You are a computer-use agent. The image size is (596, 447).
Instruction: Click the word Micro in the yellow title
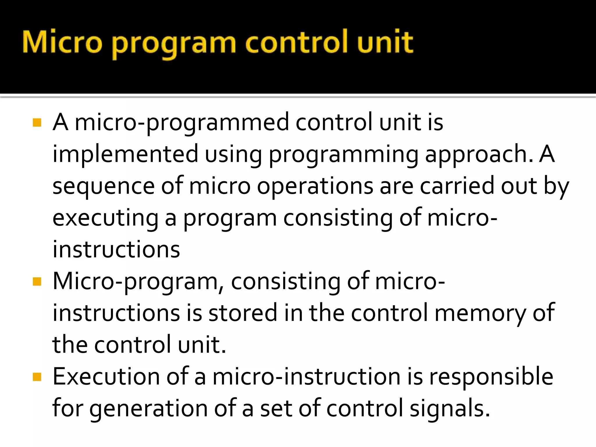coord(62,42)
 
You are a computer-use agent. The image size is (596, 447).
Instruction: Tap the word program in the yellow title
coord(174,44)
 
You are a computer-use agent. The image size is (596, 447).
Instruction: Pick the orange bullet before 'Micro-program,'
coord(37,282)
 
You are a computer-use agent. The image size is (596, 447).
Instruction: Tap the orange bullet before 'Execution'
coord(37,377)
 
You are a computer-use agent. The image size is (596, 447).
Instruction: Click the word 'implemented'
coord(125,154)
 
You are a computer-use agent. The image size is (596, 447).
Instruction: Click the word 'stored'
coord(243,313)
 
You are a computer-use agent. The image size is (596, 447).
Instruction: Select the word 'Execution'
coord(106,377)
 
